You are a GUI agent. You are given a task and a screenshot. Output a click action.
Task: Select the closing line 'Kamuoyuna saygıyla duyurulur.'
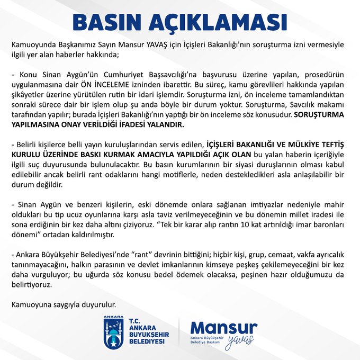pos(63,305)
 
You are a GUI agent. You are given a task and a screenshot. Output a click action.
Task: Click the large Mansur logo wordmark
pos(223,327)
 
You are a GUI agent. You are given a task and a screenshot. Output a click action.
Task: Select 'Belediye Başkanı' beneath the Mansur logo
pos(206,343)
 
